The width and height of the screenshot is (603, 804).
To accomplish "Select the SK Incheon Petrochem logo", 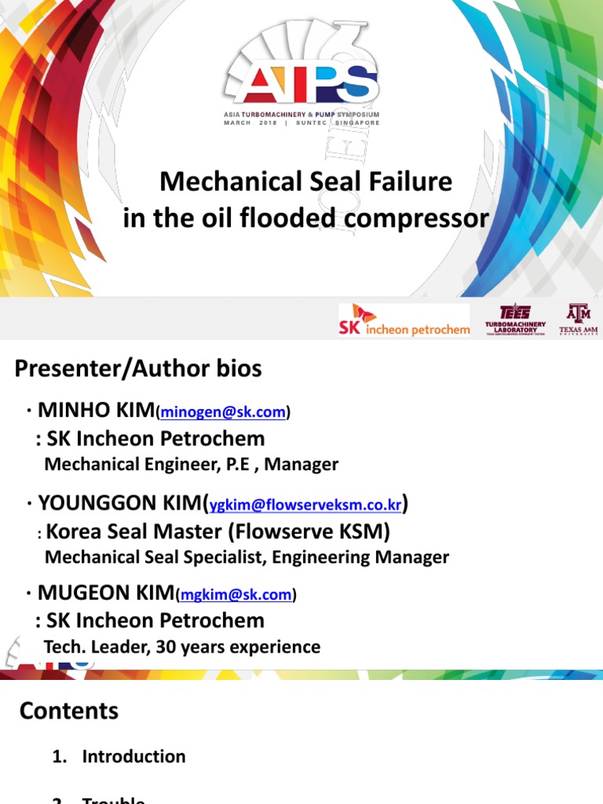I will [404, 320].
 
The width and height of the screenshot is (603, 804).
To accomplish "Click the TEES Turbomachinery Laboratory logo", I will [515, 319].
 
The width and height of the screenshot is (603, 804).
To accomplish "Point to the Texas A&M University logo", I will [579, 319].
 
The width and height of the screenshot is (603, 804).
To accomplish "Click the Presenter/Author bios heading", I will [138, 369].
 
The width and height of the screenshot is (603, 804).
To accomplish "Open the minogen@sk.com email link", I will [223, 412].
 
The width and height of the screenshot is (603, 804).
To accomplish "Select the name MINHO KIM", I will [97, 410].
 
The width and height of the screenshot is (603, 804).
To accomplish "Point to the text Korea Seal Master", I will [134, 532].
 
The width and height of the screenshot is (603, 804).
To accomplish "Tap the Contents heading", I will [69, 711].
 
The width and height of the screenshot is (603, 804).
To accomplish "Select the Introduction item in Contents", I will [134, 757].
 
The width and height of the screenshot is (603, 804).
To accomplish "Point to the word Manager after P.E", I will [301, 464].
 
